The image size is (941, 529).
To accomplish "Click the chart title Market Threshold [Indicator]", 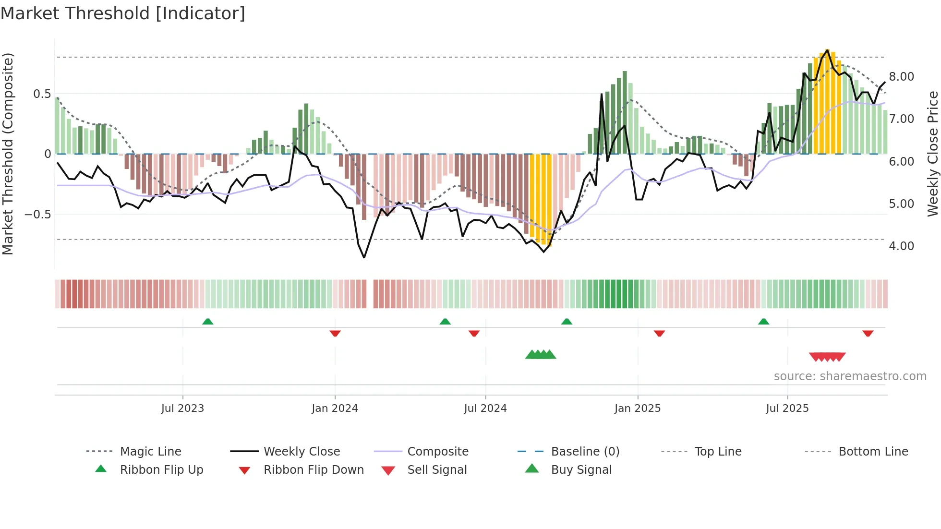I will point(123,13).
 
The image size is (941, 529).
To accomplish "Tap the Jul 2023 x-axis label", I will point(182,409).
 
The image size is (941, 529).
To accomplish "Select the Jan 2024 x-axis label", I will point(335,409).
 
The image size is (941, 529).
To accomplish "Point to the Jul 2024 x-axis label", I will point(485,409).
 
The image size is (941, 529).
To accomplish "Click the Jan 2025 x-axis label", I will point(638,409).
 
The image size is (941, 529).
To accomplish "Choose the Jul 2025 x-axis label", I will point(787,409).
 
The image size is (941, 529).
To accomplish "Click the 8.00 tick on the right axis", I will point(902,77).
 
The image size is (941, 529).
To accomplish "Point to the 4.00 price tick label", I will point(902,246).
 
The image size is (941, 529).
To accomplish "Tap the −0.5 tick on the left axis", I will point(38,215).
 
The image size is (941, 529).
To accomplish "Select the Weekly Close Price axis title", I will point(932,154).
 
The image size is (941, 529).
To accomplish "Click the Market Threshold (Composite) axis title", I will point(8,154).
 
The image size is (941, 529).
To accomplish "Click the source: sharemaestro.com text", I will point(850,376).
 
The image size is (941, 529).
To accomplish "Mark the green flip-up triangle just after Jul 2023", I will point(207,322).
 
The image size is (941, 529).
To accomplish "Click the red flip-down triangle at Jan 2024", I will point(335,333).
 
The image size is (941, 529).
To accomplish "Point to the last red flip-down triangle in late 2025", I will point(868,333).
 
